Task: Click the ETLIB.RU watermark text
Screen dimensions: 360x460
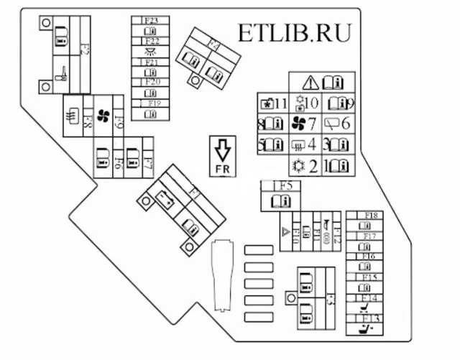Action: tap(295, 33)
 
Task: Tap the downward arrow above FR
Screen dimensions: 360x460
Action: tap(222, 150)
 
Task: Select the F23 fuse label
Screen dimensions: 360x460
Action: tap(151, 21)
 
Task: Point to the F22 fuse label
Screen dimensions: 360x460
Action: tap(151, 42)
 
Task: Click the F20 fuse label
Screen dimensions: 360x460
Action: tap(151, 83)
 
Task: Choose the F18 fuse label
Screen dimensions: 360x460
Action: tap(371, 216)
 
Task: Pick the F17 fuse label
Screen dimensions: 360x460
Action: tap(369, 236)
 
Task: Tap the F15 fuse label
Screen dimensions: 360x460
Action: tap(369, 277)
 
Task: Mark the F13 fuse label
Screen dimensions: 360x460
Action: tap(371, 318)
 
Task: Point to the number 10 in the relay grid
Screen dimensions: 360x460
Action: tap(310, 103)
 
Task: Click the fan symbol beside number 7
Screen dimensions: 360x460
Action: tap(298, 124)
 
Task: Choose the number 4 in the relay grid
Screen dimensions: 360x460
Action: tap(311, 144)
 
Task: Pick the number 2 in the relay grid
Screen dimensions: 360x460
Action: tap(313, 167)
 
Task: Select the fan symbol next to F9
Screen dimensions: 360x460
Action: tap(103, 117)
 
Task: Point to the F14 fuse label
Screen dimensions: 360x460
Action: tap(369, 297)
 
